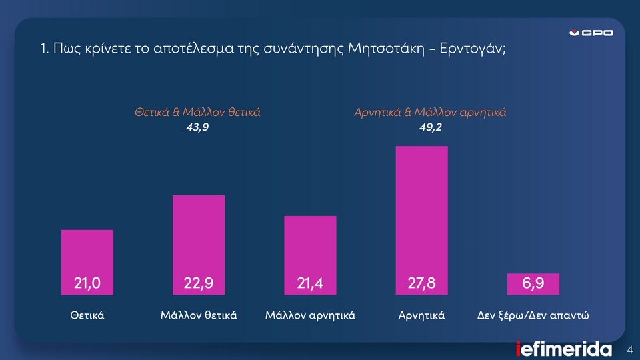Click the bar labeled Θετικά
(87, 253)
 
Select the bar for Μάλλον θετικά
(198, 233)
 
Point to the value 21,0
(87, 284)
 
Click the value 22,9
(199, 284)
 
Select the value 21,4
(310, 284)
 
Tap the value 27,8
(421, 284)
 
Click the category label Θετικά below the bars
(87, 315)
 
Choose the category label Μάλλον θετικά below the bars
(199, 315)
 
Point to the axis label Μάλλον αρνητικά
(310, 315)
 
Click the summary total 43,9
(197, 127)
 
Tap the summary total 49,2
(429, 127)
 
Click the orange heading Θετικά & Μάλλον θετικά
(197, 113)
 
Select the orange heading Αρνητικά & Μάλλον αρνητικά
(429, 113)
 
